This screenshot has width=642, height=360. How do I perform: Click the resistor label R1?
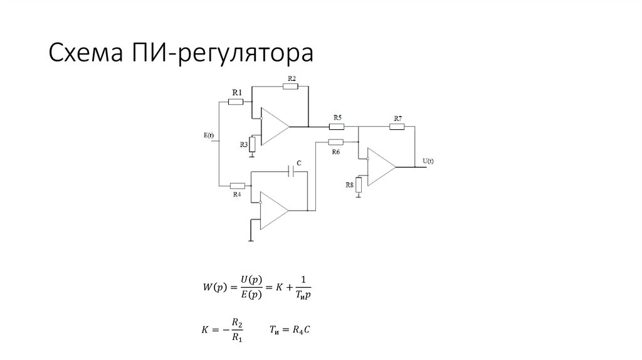tap(237, 93)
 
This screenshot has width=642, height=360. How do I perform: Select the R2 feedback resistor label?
tap(292, 78)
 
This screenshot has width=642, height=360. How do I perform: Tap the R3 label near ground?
tap(244, 145)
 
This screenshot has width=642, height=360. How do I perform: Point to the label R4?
tap(237, 194)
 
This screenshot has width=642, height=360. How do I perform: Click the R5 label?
tap(337, 117)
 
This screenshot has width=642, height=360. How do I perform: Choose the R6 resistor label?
tap(336, 152)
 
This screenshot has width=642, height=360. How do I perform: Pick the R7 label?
tap(398, 119)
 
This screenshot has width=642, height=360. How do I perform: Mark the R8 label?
tap(349, 185)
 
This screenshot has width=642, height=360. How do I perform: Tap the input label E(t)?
tap(209, 135)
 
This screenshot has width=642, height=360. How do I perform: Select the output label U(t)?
tap(428, 161)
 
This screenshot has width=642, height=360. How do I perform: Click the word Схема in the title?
tap(86, 53)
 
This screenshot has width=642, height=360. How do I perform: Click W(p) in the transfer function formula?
tap(214, 287)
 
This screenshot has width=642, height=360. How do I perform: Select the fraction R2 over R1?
tap(237, 330)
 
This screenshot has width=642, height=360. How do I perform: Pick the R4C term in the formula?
tap(301, 330)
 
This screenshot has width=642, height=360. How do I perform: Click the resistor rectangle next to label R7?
tap(397, 127)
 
